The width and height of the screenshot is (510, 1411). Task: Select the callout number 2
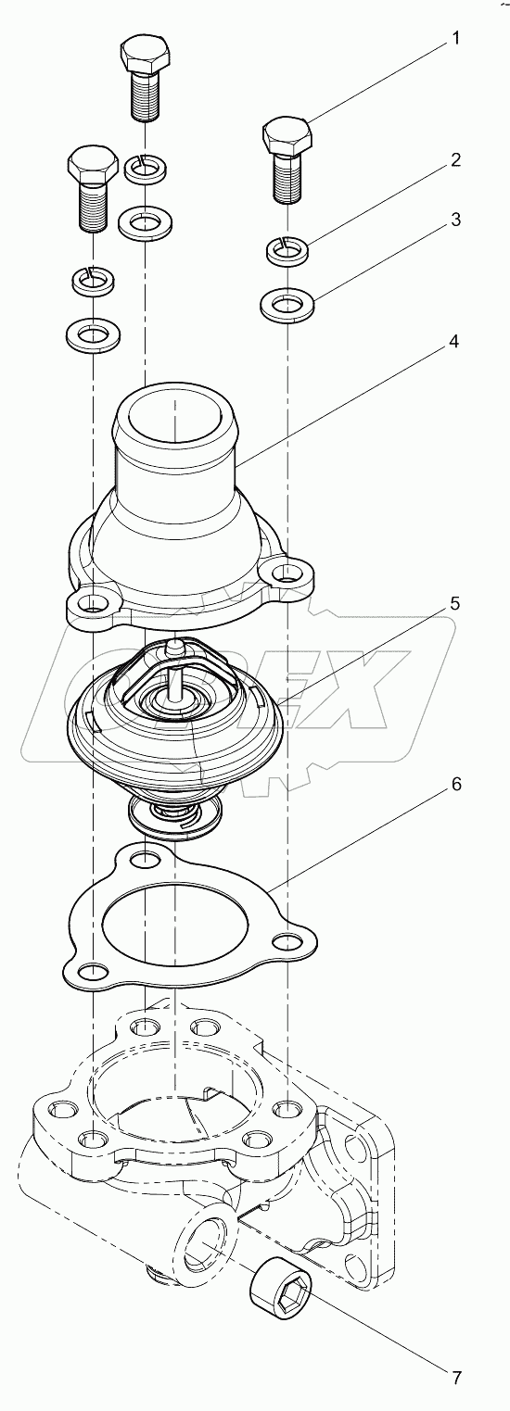pyautogui.click(x=455, y=159)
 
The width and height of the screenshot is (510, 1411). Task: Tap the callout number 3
pyautogui.click(x=455, y=220)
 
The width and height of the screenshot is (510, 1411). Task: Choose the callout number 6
pyautogui.click(x=455, y=784)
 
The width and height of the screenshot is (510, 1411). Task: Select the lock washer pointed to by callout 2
pyautogui.click(x=288, y=248)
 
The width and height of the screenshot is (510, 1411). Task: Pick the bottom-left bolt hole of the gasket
pyautogui.click(x=91, y=971)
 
